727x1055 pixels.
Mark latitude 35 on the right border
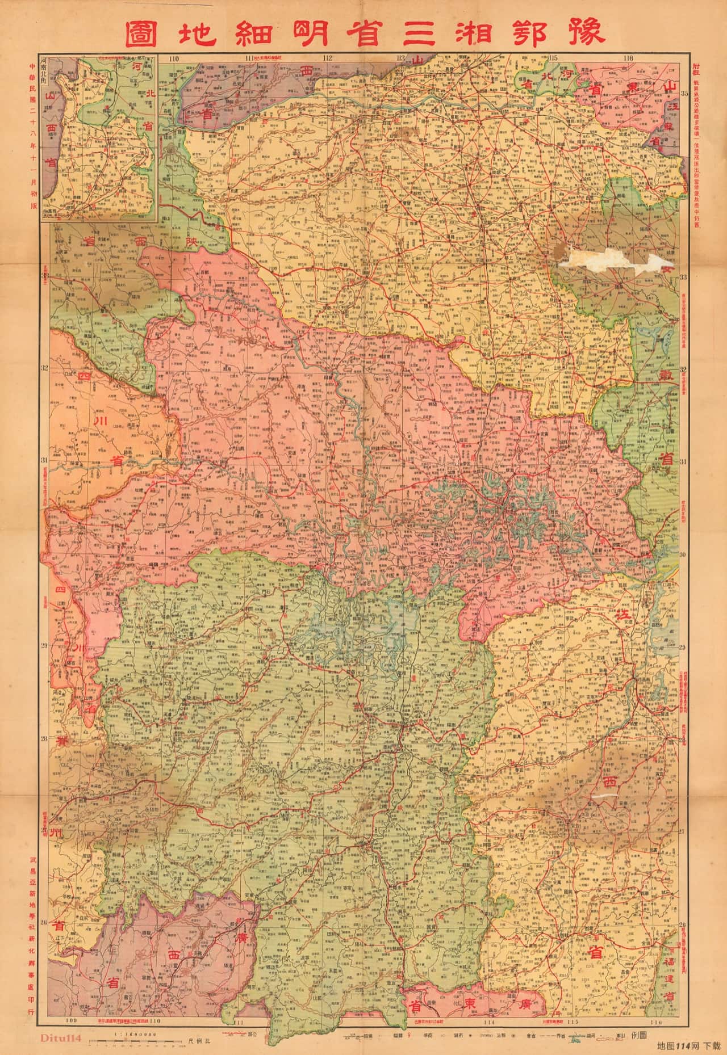point(684,94)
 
